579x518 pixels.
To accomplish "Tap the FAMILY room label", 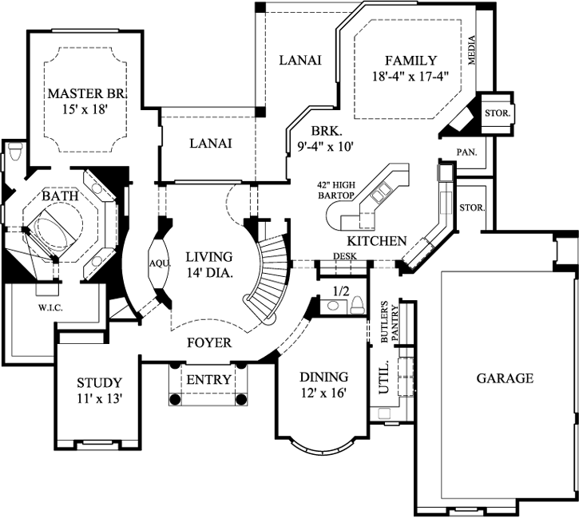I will (410, 61).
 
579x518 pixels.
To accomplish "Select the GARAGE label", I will (505, 378).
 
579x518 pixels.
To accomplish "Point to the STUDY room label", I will (99, 382).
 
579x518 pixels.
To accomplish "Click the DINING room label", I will (323, 377).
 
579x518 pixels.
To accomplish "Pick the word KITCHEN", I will (377, 240).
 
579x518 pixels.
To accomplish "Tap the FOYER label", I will (209, 343).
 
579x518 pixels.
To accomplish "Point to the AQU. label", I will (156, 262).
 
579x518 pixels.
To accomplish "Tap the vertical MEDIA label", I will (473, 50).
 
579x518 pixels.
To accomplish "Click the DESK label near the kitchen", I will (345, 256).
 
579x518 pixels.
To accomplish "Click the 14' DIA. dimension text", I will (208, 273).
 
